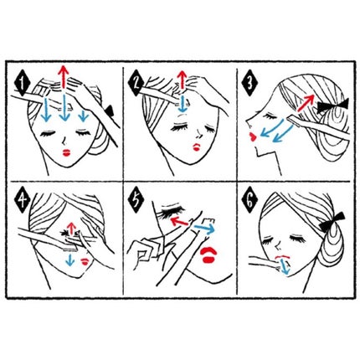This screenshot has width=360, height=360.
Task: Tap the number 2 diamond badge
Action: [136, 83]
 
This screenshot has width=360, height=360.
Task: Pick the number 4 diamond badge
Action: [23, 199]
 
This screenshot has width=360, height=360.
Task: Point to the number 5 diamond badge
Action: [136, 199]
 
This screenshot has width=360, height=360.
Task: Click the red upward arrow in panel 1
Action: [64, 77]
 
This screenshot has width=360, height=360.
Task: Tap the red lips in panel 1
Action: [66, 153]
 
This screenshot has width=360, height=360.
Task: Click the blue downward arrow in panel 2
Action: [183, 104]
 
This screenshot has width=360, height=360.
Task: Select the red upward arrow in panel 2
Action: [183, 80]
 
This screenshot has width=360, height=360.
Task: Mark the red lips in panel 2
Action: [197, 147]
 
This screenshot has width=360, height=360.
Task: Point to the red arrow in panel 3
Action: [306, 103]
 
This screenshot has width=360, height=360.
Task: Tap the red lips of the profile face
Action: [253, 137]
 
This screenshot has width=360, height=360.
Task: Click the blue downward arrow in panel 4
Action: [69, 259]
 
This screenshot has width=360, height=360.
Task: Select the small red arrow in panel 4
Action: [72, 228]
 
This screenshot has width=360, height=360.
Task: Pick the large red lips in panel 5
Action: [208, 255]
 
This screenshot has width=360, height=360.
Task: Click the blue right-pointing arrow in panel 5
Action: [204, 229]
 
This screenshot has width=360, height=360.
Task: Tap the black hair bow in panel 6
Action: [332, 222]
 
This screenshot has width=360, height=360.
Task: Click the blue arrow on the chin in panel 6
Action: [285, 266]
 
